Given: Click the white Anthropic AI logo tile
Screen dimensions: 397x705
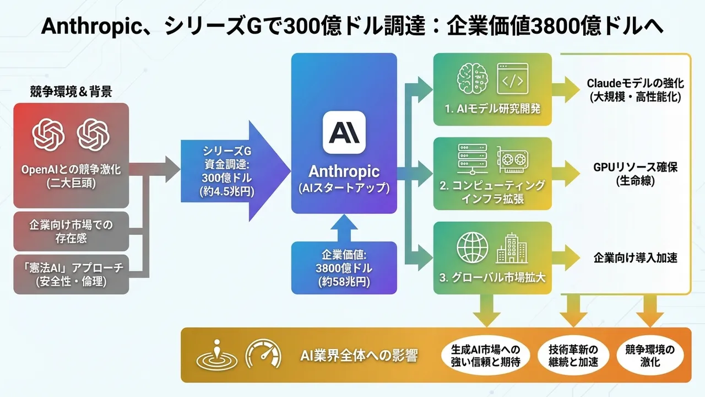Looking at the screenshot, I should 344,132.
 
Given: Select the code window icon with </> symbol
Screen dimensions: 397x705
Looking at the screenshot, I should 512,79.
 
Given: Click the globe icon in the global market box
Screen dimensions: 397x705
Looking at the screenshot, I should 473,249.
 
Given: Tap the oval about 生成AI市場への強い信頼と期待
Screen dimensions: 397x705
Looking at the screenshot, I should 485,356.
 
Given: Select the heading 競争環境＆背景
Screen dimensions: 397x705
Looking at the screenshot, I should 70,92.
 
